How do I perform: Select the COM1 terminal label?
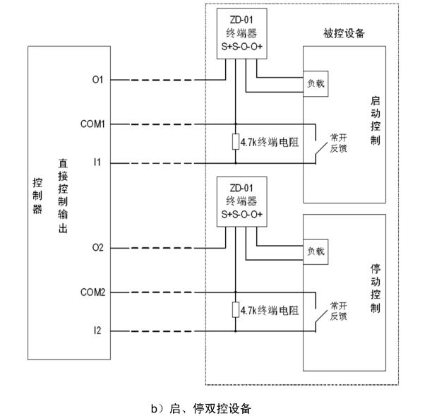click(x=92, y=124)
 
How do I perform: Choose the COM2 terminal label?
click(x=92, y=291)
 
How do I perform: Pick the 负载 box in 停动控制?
click(x=315, y=251)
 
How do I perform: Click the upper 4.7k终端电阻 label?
click(x=270, y=143)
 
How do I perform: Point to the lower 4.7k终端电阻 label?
click(x=270, y=310)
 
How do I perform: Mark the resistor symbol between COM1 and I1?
click(x=235, y=142)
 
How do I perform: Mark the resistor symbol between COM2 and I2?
click(x=235, y=310)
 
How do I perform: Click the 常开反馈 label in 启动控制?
click(x=338, y=143)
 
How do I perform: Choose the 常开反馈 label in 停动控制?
click(x=338, y=311)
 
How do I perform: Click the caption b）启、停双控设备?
click(x=200, y=408)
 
